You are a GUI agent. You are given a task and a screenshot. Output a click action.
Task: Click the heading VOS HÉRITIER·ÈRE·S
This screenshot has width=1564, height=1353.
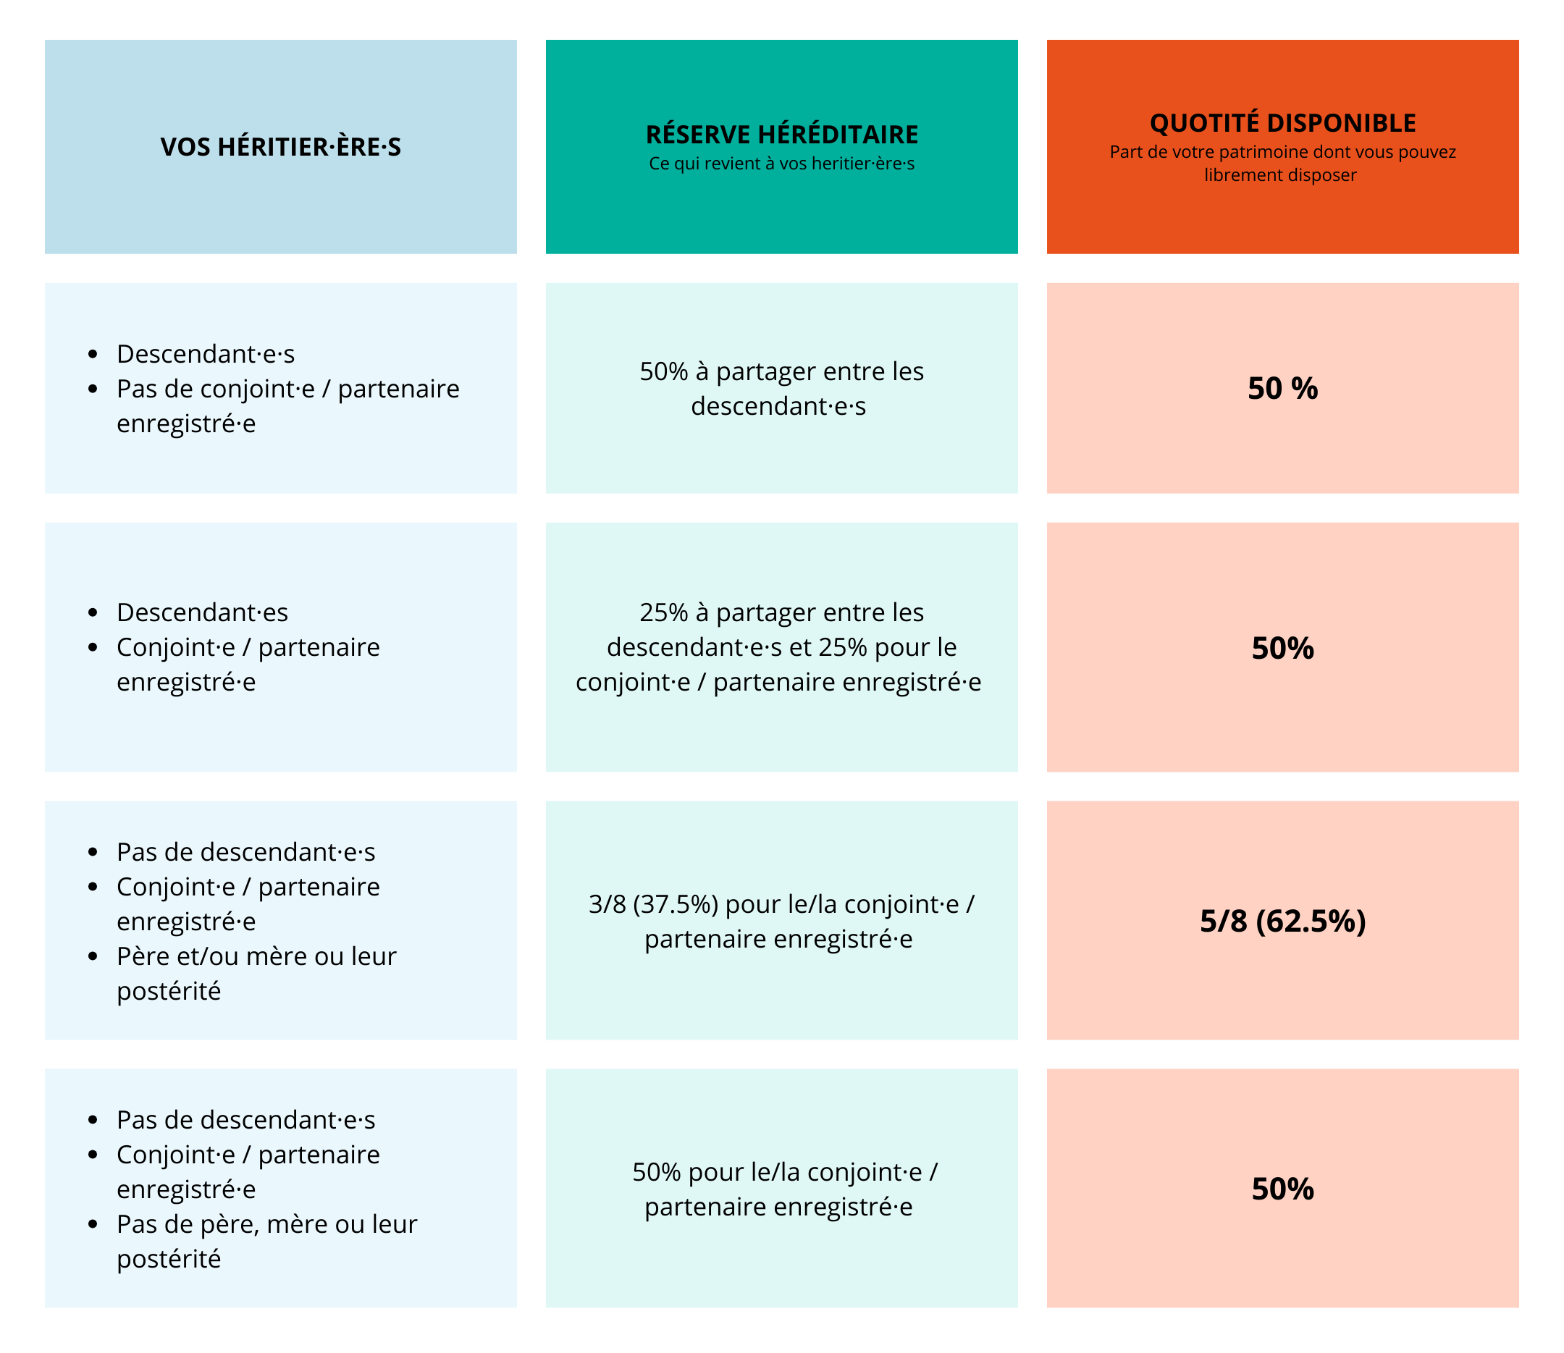280,146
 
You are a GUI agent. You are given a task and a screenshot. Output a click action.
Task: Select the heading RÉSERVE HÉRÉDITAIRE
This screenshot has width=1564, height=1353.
781,135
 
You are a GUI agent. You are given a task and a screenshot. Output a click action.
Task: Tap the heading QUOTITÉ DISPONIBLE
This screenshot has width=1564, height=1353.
1282,122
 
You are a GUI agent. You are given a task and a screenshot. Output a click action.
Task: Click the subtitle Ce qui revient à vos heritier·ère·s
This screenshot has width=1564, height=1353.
781,164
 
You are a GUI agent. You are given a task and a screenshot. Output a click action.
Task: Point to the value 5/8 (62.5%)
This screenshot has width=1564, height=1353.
1282,921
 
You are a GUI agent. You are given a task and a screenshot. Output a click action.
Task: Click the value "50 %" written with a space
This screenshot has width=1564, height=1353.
1282,388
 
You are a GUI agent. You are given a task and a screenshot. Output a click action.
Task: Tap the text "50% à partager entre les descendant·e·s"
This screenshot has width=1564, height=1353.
781,389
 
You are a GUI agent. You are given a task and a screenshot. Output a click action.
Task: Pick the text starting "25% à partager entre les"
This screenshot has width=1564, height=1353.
781,647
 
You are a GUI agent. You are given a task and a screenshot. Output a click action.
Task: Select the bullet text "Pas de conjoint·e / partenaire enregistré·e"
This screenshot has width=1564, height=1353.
287,406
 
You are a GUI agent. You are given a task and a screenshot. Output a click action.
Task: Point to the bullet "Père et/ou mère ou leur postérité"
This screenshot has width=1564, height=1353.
256,973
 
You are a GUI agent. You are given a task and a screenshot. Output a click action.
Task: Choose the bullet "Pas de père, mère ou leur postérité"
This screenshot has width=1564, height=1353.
266,1242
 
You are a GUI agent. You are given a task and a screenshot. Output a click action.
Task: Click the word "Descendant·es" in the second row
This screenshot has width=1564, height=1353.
203,612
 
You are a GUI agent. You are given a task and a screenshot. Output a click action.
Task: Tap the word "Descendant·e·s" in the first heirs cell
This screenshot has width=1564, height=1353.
206,354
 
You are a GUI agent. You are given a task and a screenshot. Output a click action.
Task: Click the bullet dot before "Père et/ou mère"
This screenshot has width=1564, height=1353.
93,956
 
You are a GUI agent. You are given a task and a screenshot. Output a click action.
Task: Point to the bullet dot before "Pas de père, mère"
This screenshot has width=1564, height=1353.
93,1224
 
